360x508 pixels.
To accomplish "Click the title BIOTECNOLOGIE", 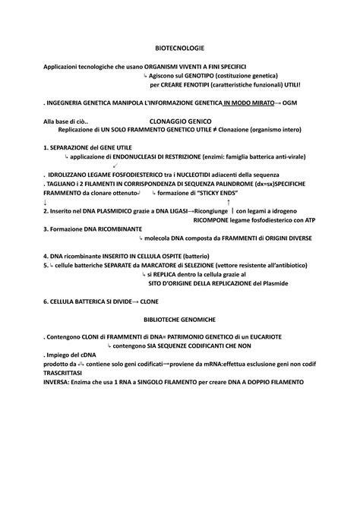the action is (x=179, y=48).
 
